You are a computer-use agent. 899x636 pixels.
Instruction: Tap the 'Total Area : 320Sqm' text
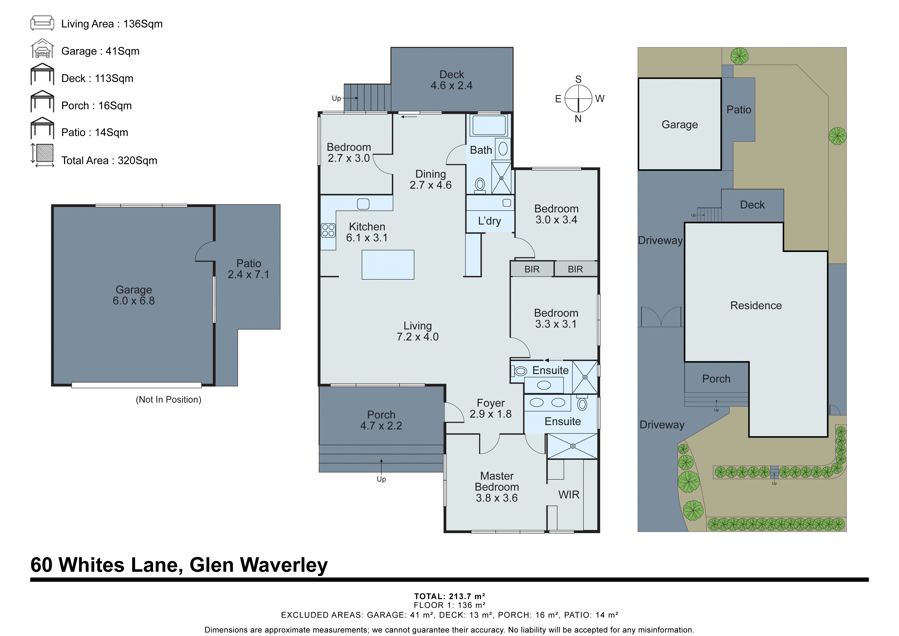click(x=109, y=161)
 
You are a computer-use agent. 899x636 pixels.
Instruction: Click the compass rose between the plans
click(x=578, y=99)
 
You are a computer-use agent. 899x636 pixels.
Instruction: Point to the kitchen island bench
click(x=388, y=265)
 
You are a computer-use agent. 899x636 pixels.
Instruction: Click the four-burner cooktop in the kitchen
click(x=328, y=230)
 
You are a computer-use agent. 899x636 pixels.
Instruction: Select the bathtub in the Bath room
click(x=489, y=125)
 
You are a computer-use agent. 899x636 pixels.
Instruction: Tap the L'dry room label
click(x=489, y=221)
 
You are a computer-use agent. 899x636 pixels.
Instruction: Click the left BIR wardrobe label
click(x=532, y=269)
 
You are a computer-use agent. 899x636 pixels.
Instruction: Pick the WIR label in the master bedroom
click(x=569, y=495)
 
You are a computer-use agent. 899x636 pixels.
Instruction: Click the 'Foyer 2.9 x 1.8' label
click(x=491, y=408)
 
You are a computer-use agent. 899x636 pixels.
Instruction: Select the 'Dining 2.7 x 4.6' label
click(x=430, y=179)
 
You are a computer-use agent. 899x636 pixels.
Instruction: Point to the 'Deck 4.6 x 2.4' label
click(x=451, y=80)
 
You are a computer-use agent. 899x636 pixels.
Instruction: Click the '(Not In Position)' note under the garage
click(x=168, y=399)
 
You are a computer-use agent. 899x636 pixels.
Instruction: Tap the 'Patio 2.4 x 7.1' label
click(x=249, y=269)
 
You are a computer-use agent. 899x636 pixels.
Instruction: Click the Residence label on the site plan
click(x=756, y=305)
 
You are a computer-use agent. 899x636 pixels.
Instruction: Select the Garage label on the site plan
click(x=680, y=124)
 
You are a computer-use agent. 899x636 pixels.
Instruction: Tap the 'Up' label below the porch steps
click(x=381, y=479)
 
